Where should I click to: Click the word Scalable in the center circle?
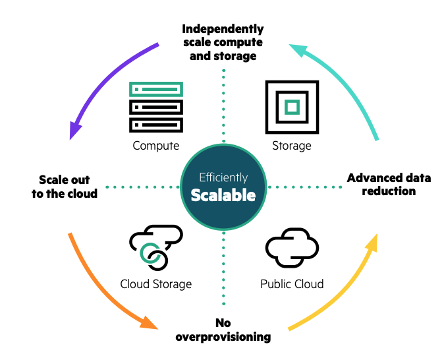223,196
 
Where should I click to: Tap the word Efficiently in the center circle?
223,177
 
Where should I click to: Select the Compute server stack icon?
156,107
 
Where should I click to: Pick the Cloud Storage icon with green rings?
155,247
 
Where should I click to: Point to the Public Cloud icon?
291,248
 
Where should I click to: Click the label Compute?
156,146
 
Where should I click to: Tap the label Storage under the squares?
291,146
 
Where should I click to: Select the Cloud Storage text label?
156,284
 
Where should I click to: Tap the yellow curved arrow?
346,290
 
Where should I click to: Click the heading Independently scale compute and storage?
223,42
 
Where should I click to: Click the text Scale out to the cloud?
65,187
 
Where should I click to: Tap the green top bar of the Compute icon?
156,89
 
